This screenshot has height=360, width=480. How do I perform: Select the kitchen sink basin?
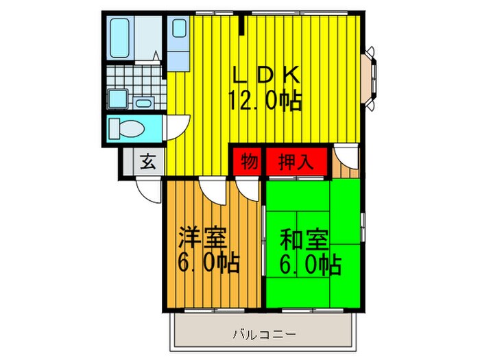coord(179,29)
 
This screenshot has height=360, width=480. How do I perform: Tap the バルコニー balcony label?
coord(264,334)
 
